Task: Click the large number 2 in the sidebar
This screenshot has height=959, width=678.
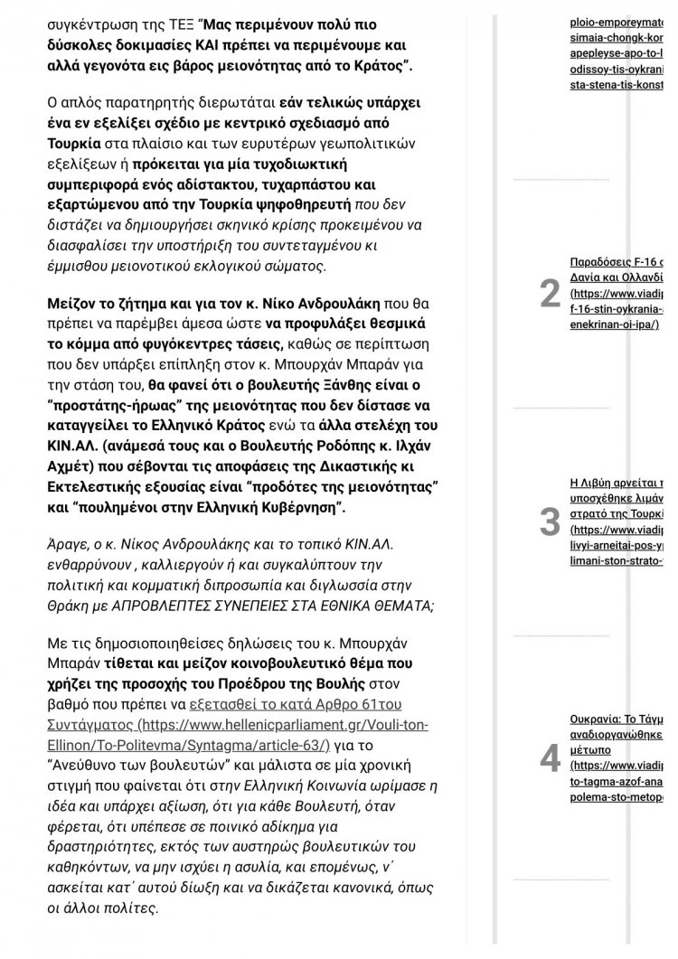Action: pos(550,294)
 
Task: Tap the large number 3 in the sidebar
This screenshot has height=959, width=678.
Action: pos(550,522)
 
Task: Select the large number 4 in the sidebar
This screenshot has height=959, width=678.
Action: pos(550,759)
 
